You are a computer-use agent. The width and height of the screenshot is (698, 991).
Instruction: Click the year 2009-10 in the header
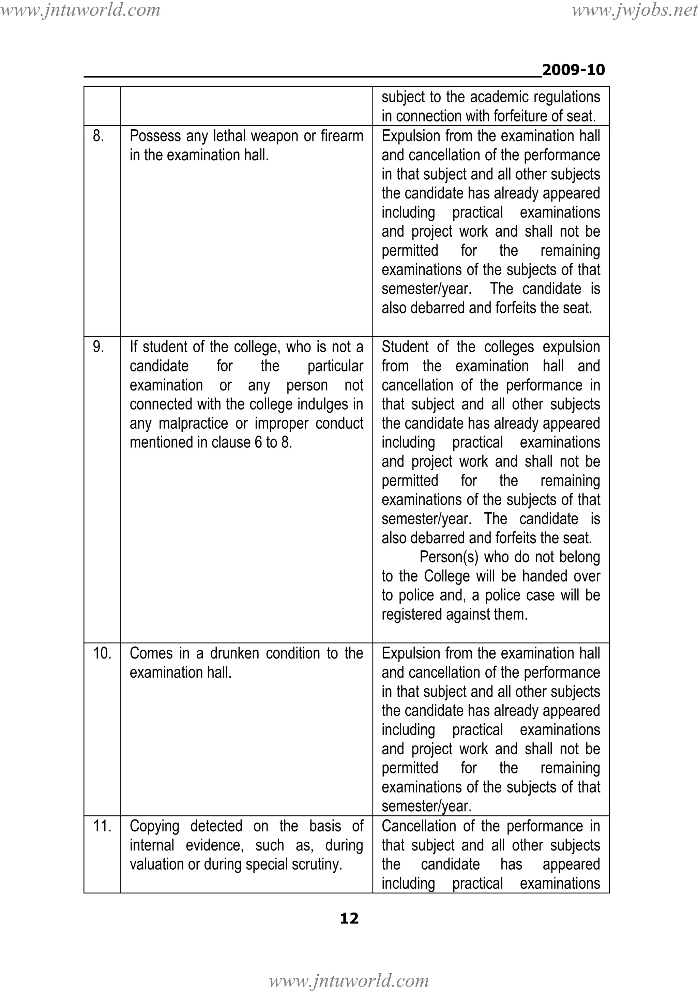tap(573, 70)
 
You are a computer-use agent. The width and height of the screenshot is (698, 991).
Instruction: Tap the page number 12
tap(349, 918)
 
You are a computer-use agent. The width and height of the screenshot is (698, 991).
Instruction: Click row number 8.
tap(98, 136)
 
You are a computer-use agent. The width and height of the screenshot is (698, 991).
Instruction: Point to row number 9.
tap(98, 347)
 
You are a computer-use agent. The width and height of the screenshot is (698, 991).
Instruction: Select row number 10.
tap(102, 653)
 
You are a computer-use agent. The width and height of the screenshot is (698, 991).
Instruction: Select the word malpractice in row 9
tap(193, 424)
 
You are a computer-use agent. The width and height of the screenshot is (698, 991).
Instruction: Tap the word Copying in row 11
tap(154, 826)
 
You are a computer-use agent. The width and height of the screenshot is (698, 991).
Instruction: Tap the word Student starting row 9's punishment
tap(406, 347)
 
